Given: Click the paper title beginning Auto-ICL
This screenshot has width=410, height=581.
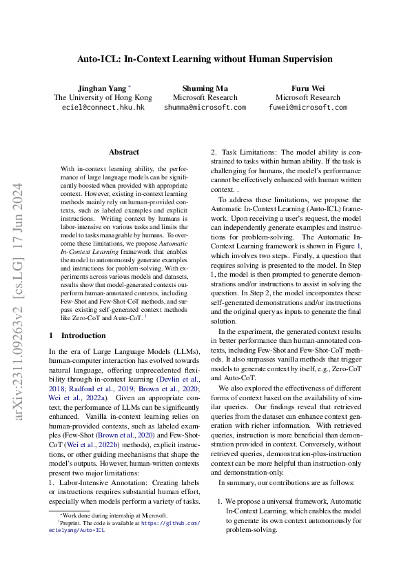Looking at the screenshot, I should point(205,59).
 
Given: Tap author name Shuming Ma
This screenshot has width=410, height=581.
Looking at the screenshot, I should point(205,88).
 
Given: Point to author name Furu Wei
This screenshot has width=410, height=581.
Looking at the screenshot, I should point(307,88).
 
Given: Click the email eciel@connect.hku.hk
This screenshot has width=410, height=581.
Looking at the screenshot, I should point(103,108).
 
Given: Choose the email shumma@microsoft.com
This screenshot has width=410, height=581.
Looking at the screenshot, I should point(205,108).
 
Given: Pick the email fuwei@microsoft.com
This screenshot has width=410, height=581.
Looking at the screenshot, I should point(307,108).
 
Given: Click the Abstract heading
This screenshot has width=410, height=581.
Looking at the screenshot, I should point(124,152).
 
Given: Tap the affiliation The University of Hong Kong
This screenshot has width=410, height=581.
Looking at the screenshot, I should point(103,98).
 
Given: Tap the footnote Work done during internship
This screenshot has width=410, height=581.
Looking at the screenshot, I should point(114,515).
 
